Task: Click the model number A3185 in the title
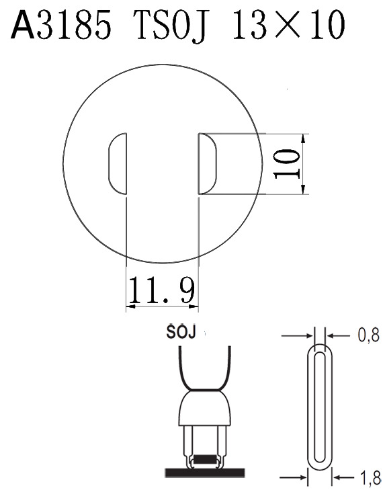click(x=60, y=24)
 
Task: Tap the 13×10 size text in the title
click(x=289, y=25)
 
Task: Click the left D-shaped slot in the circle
click(x=118, y=163)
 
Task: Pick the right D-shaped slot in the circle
click(x=208, y=163)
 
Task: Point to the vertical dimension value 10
click(x=287, y=164)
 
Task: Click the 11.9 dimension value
click(x=162, y=290)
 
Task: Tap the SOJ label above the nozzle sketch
click(x=181, y=332)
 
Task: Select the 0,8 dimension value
click(x=369, y=335)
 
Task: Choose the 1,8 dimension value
click(x=370, y=478)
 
